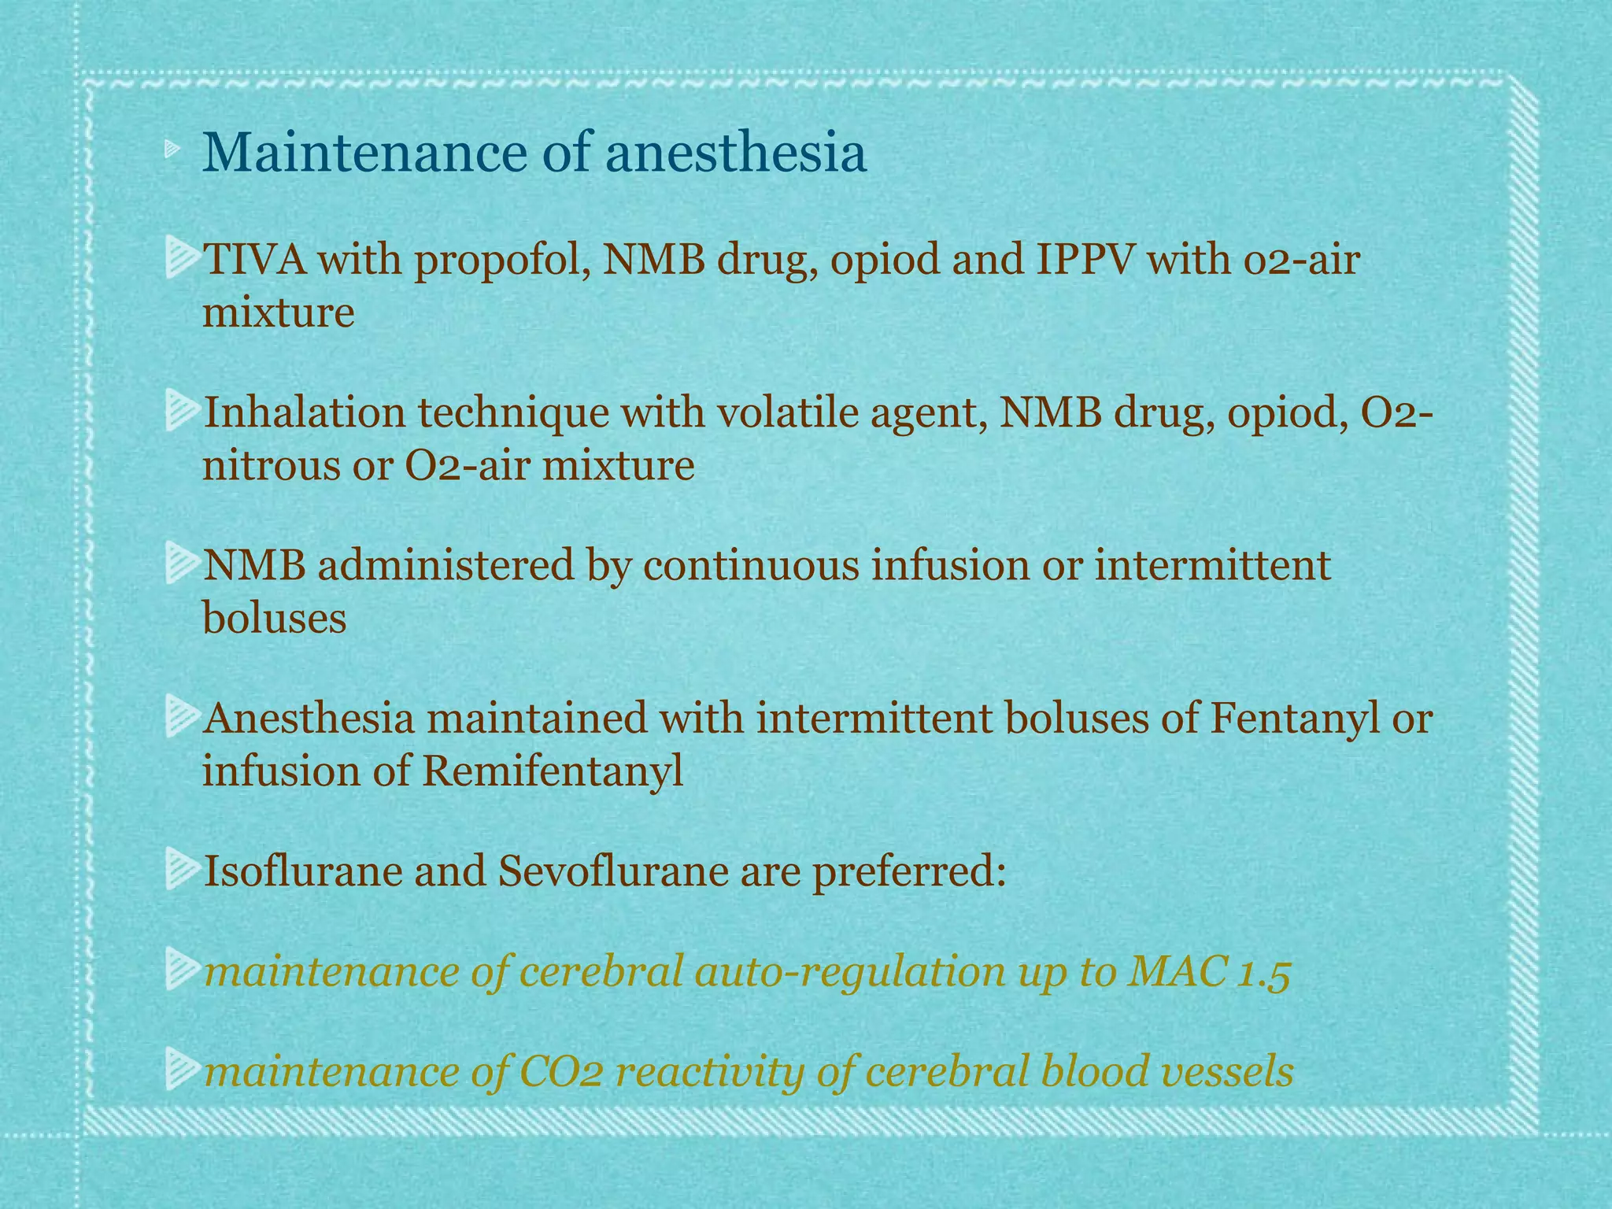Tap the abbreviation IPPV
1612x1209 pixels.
click(x=1084, y=260)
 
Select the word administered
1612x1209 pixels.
click(x=446, y=566)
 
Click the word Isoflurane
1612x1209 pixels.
click(x=301, y=872)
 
